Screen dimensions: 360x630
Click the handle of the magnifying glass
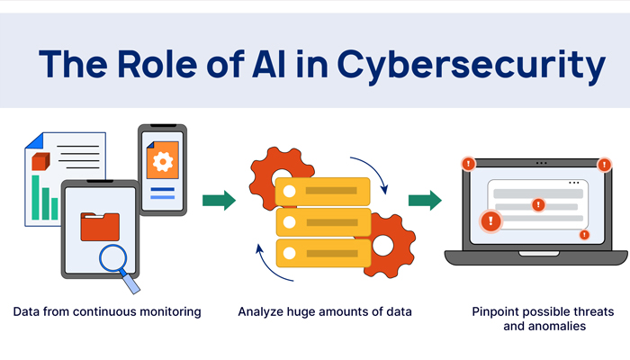click(132, 283)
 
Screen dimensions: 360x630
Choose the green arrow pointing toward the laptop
click(424, 200)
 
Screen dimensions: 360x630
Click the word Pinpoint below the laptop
click(498, 311)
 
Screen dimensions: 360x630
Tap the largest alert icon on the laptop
click(490, 220)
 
